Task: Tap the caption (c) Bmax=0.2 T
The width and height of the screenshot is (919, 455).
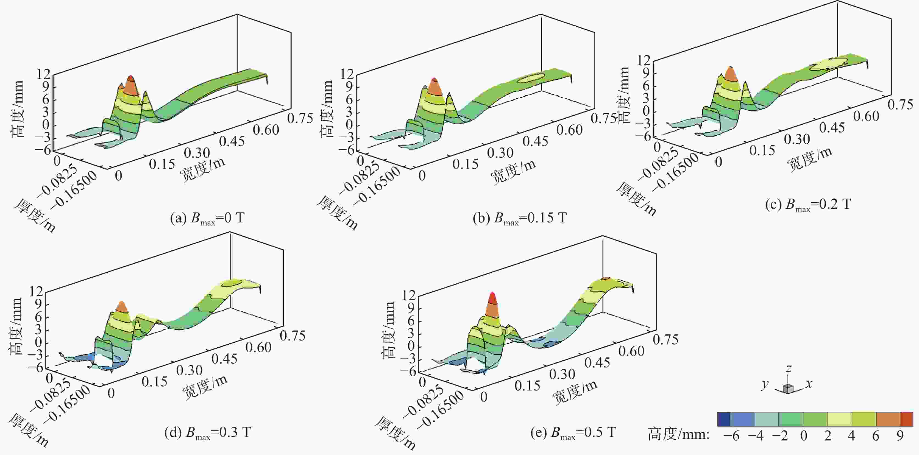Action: (x=808, y=204)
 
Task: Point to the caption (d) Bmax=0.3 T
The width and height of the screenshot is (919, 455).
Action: (x=207, y=432)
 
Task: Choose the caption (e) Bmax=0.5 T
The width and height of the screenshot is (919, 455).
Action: (x=573, y=432)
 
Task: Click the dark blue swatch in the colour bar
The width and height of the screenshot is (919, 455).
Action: (x=723, y=419)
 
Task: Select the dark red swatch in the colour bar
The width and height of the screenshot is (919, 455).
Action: (x=907, y=419)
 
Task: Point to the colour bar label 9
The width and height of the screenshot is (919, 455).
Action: (x=900, y=436)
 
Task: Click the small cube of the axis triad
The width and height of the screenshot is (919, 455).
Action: (x=787, y=389)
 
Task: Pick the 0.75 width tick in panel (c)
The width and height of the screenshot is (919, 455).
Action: (x=900, y=104)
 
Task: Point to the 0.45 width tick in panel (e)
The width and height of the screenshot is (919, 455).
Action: (x=597, y=363)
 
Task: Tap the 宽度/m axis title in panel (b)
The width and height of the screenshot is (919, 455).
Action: (x=513, y=172)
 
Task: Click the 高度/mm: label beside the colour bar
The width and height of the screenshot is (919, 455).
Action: (x=678, y=435)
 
